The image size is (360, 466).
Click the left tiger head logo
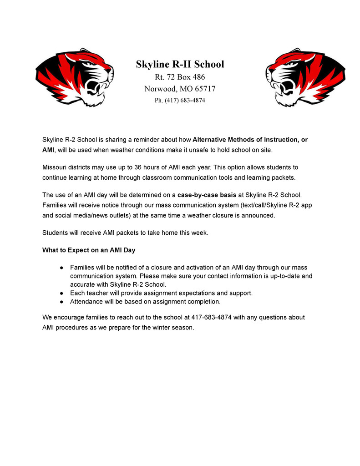[x=74, y=77]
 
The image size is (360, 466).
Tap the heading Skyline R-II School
[x=180, y=64]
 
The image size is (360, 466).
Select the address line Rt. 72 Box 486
[x=180, y=77]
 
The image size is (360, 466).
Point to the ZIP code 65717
[x=205, y=89]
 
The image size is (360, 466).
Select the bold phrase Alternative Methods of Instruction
[x=243, y=139]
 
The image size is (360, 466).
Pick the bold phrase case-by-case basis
[x=207, y=195]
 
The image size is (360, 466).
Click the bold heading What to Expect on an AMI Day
[x=89, y=250]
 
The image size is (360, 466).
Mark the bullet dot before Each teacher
[x=61, y=293]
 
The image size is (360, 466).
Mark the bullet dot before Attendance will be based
[x=61, y=301]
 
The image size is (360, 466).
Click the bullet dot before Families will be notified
[x=61, y=268]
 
